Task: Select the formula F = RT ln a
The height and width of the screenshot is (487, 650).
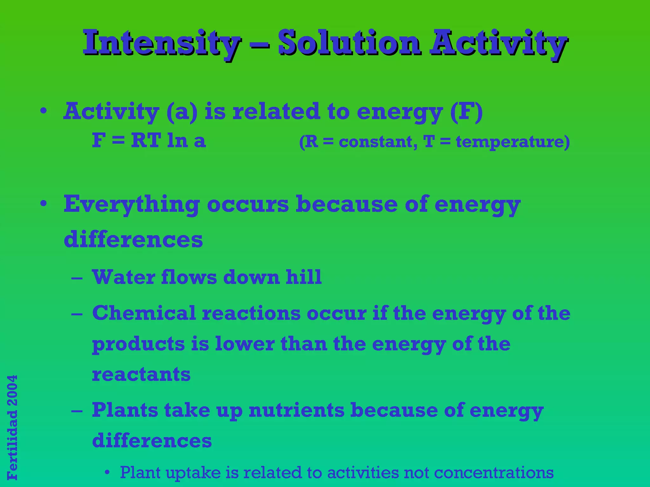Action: (149, 140)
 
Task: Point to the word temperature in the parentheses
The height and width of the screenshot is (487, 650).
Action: (510, 142)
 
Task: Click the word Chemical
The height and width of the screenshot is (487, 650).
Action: (144, 313)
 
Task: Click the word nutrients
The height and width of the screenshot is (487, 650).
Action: (296, 410)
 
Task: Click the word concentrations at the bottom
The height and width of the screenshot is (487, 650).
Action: (494, 473)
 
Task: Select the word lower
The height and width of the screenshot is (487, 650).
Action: (245, 344)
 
